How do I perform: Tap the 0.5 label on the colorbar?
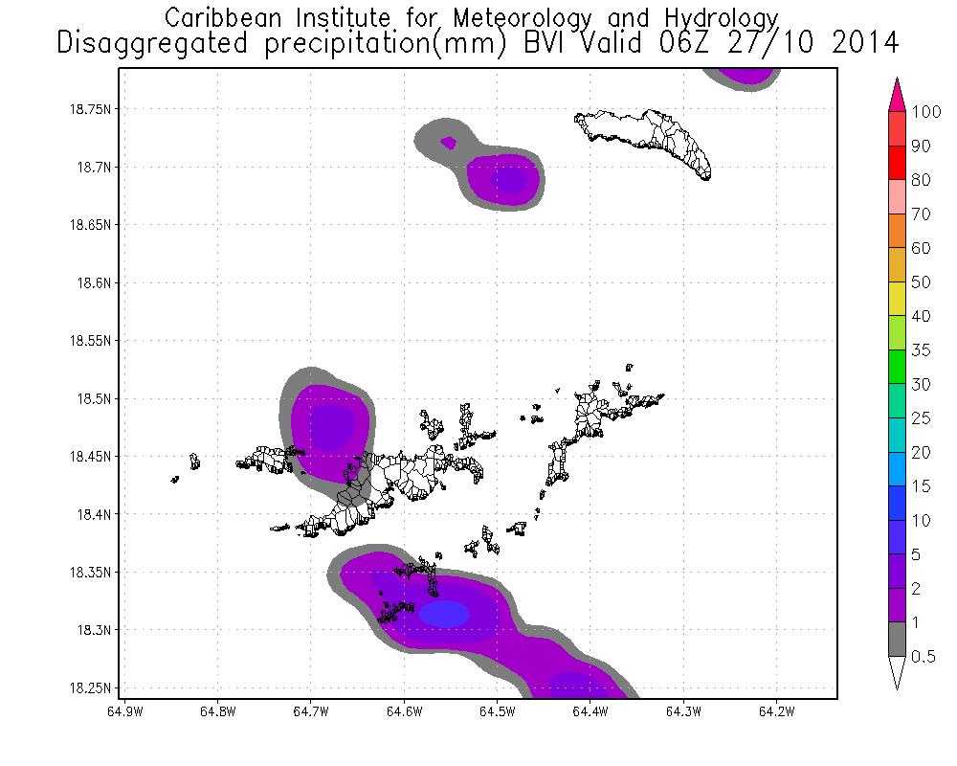click(923, 656)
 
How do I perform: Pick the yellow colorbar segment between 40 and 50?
click(898, 299)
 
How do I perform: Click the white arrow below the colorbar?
click(898, 671)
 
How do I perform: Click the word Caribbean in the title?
click(215, 17)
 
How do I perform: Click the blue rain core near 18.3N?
click(444, 613)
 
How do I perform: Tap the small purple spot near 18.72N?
click(448, 143)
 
